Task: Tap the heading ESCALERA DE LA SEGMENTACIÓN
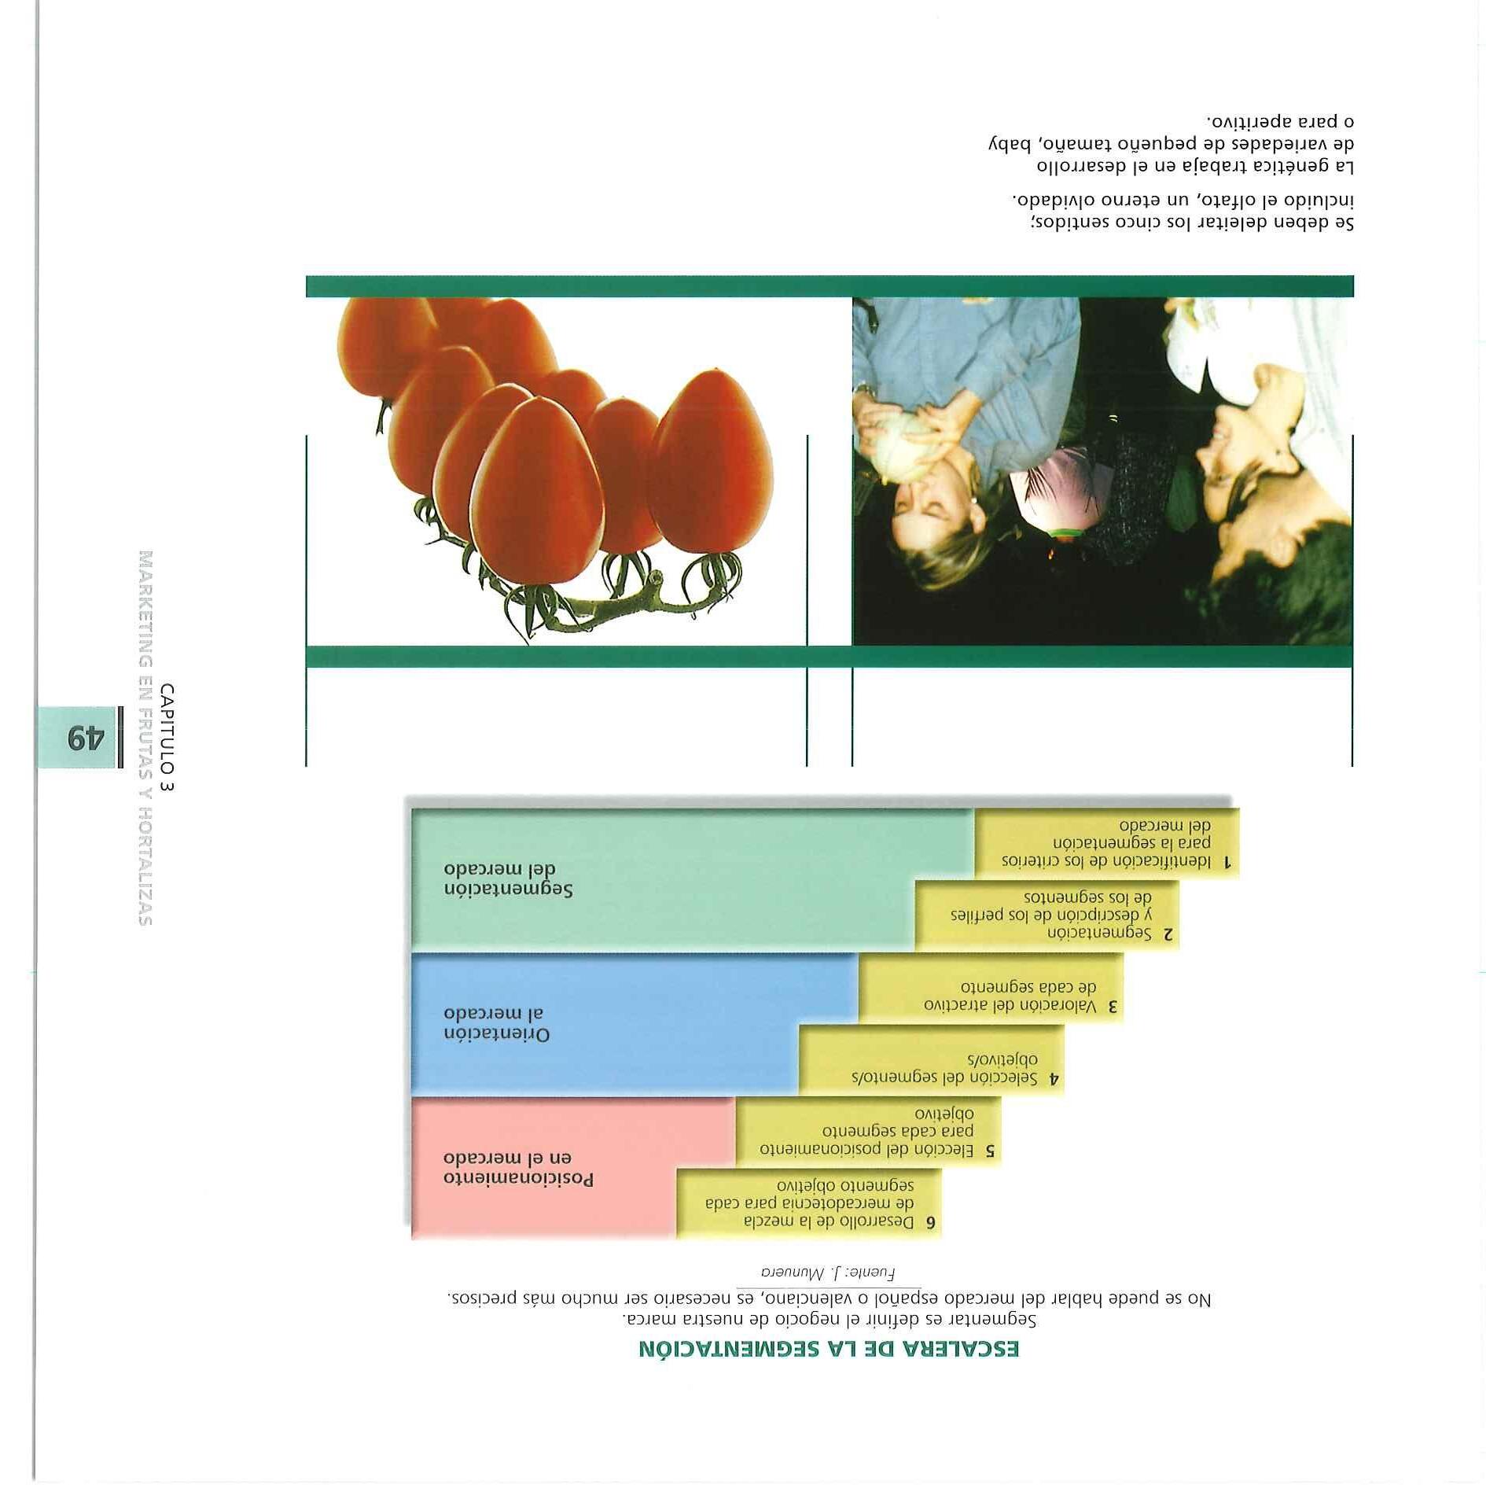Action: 829,1350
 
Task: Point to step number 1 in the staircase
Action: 1227,862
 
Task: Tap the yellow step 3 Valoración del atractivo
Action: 991,996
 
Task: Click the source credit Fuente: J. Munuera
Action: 828,1272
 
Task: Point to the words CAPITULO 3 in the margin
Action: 167,737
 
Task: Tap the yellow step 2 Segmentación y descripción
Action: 1046,915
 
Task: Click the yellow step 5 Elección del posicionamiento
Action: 868,1133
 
